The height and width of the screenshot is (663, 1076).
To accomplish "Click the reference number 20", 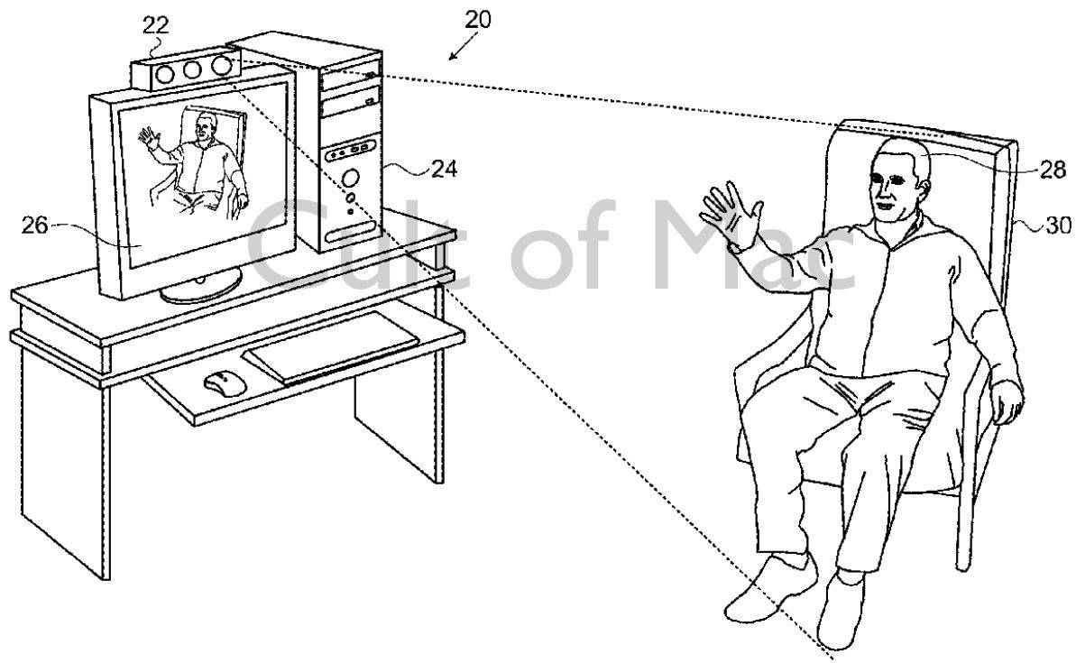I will (478, 20).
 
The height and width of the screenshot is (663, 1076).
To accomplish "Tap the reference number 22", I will (155, 25).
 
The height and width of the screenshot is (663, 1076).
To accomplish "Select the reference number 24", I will (443, 167).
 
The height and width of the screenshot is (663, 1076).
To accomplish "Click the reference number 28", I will (1053, 170).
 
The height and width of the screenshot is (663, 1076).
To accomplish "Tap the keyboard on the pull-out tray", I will (331, 346).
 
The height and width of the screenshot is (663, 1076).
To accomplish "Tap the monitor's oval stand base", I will (200, 286).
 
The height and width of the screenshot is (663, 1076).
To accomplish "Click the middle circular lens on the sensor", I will (190, 69).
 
